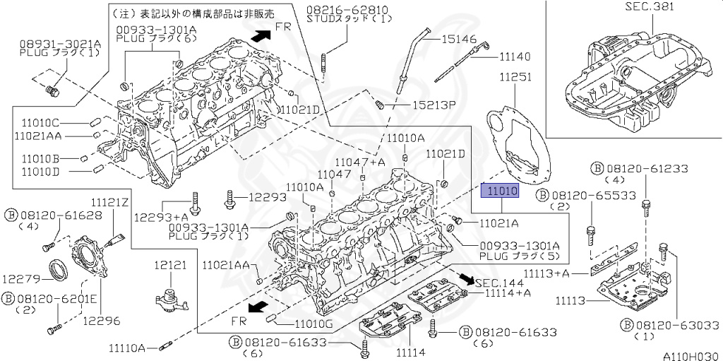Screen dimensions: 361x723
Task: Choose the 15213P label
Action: tap(434, 105)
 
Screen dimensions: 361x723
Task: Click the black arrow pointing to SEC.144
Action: tap(463, 278)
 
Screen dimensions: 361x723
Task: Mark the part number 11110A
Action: tap(127, 348)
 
